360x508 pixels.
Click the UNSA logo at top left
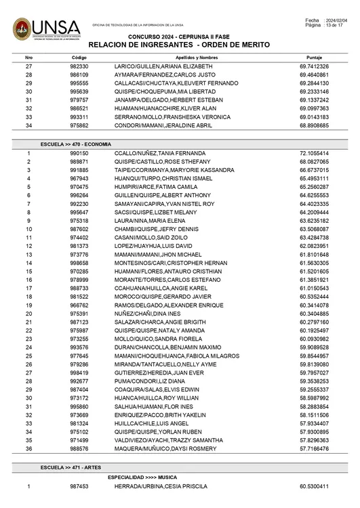(46, 28)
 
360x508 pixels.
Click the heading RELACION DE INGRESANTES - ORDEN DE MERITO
(179, 45)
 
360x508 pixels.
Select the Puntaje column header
(314, 58)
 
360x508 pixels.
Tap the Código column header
(79, 58)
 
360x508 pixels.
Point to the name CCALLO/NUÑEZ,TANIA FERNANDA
(155, 154)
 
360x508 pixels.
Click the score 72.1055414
(314, 154)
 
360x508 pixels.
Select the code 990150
(79, 154)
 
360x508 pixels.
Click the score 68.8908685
(314, 126)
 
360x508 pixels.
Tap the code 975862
(79, 126)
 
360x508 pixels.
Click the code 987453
(79, 486)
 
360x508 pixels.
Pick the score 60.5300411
(314, 486)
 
